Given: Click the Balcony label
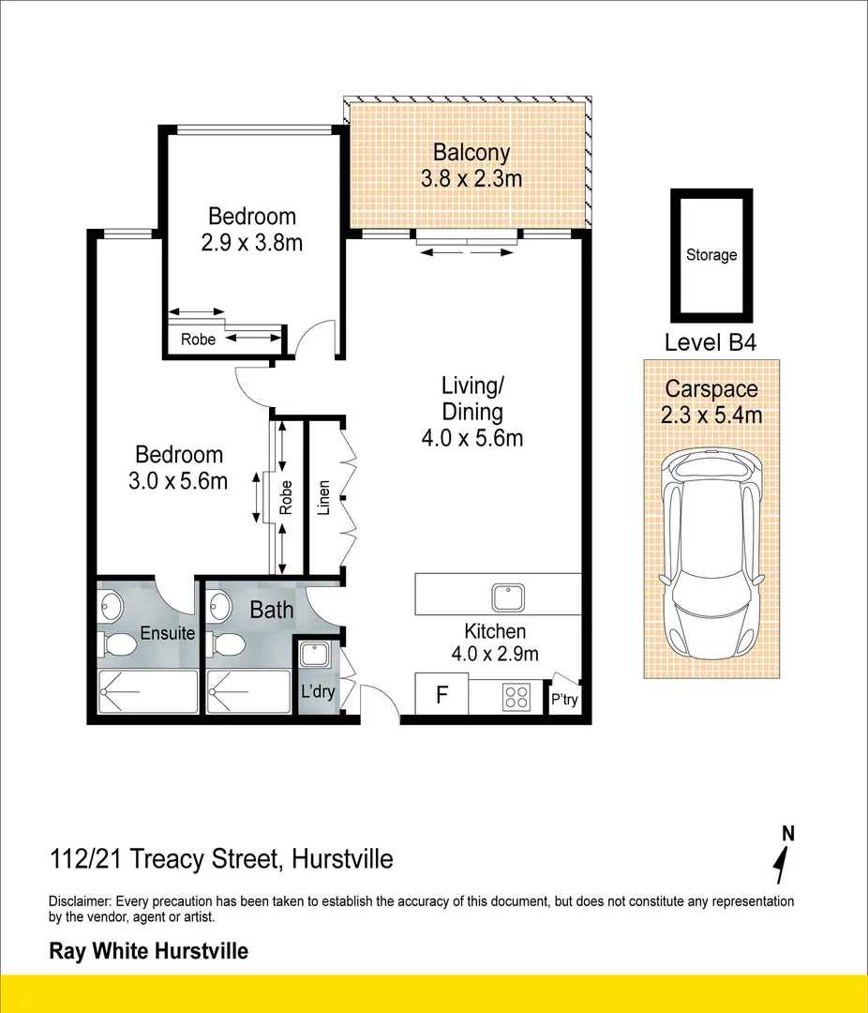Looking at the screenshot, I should tap(471, 153).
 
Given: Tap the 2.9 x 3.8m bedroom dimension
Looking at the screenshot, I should tap(252, 243).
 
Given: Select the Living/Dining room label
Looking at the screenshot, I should tap(472, 398).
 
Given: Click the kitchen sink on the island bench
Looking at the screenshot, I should tap(508, 596).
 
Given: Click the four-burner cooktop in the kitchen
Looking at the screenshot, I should tap(516, 697).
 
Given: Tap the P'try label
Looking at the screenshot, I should tap(563, 699).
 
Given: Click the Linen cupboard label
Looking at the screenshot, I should tap(324, 498).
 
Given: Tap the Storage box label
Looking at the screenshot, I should tap(711, 254).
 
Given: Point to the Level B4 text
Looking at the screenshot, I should tap(710, 342).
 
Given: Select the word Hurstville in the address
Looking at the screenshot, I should tap(342, 858).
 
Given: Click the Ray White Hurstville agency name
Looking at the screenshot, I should tap(148, 951).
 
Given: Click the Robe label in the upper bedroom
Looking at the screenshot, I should tap(198, 340).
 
